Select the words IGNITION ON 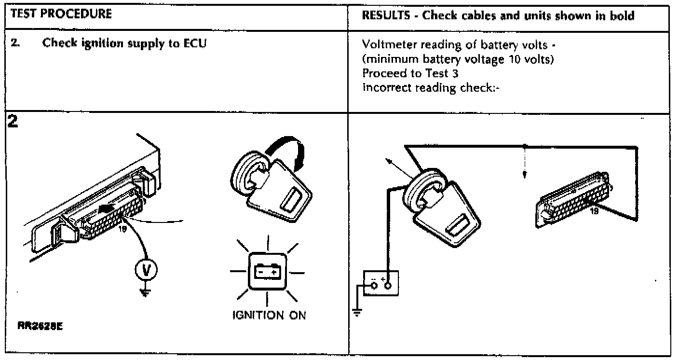pos(268,315)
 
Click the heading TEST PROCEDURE pos(61,14)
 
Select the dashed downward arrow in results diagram pos(524,164)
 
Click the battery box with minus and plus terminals pos(380,282)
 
